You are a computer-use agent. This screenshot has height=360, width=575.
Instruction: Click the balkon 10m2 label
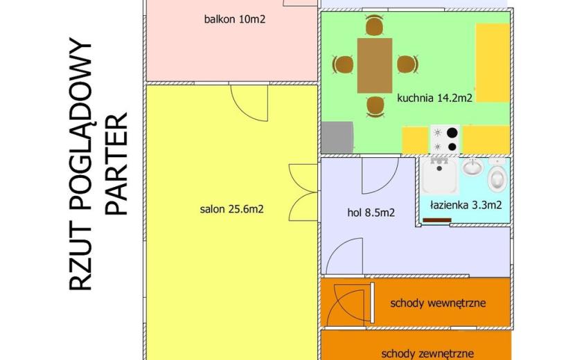click(x=234, y=19)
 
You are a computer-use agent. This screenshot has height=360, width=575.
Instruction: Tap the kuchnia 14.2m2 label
click(x=434, y=98)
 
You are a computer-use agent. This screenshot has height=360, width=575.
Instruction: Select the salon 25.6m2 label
click(x=232, y=209)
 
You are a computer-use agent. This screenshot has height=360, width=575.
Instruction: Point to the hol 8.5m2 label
click(x=371, y=213)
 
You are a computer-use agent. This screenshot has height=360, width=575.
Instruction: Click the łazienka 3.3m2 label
click(x=466, y=205)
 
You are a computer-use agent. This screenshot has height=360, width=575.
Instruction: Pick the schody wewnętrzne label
click(x=438, y=303)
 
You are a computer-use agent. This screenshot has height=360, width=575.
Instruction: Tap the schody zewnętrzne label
click(x=427, y=354)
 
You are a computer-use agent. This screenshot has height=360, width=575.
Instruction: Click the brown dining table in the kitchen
click(x=375, y=65)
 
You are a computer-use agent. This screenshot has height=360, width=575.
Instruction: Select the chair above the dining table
click(x=374, y=26)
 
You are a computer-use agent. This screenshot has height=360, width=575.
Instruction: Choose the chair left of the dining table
click(x=343, y=64)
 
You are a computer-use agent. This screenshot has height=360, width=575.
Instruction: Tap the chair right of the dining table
click(x=407, y=64)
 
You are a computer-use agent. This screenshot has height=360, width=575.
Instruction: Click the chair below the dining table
click(x=375, y=107)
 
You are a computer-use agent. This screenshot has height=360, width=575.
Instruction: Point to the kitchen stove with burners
click(x=445, y=140)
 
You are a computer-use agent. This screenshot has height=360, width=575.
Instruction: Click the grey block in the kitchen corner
click(x=337, y=138)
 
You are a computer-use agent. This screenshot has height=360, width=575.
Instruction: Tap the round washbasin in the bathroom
click(x=472, y=167)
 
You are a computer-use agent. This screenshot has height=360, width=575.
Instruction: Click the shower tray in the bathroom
click(x=439, y=176)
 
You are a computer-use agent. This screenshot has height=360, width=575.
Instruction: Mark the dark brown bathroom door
click(x=436, y=220)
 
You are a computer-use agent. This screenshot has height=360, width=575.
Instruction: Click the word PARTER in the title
click(x=117, y=164)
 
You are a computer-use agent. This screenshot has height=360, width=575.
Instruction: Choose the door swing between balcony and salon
click(x=249, y=103)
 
